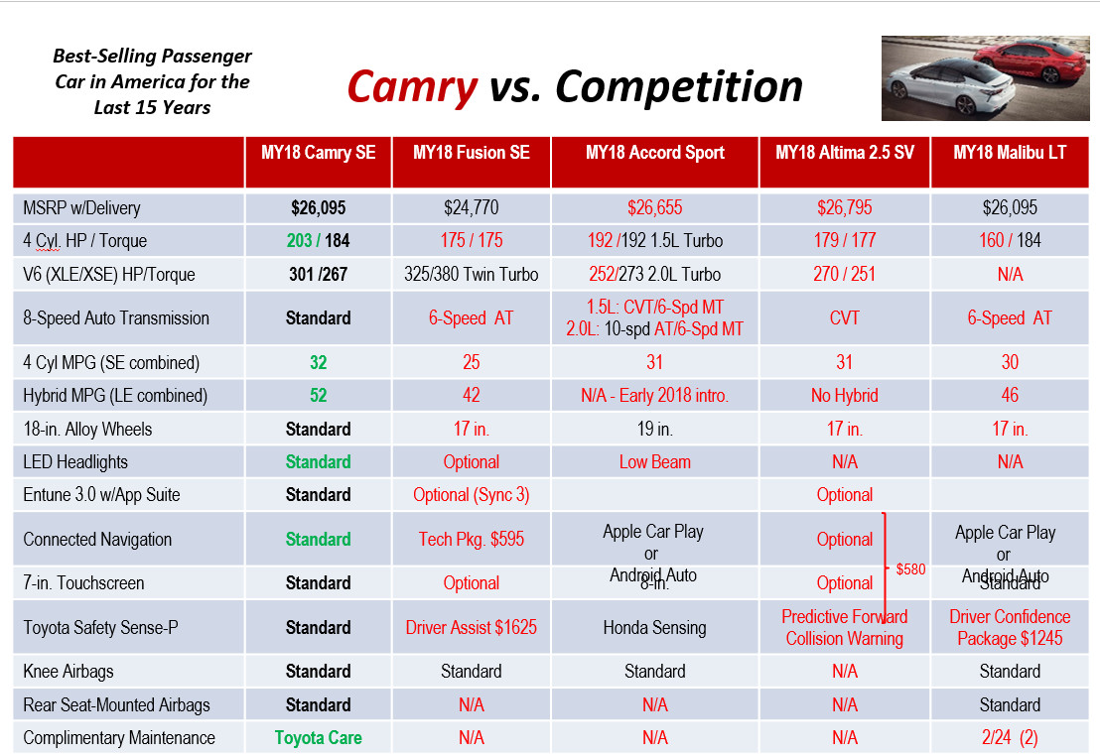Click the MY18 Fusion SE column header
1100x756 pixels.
click(x=472, y=153)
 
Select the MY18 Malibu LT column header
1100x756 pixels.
click(x=1010, y=153)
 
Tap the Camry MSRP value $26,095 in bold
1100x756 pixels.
click(x=319, y=208)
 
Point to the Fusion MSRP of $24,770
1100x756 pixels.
click(x=472, y=208)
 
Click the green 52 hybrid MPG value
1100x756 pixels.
click(x=319, y=396)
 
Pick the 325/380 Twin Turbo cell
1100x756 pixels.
click(x=472, y=274)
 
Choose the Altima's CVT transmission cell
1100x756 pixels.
click(x=845, y=318)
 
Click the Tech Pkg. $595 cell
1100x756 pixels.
click(x=472, y=540)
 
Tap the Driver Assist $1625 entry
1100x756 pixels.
click(x=472, y=627)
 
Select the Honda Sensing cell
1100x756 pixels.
click(x=655, y=627)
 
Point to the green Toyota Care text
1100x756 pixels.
click(x=319, y=738)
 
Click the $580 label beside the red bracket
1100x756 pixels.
click(x=910, y=570)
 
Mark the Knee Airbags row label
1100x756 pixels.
click(x=69, y=672)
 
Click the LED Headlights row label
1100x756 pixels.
click(x=75, y=462)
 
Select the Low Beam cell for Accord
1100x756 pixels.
click(x=655, y=462)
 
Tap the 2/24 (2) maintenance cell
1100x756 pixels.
click(x=1010, y=738)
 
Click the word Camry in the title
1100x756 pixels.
click(x=412, y=87)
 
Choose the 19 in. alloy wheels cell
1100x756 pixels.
click(x=655, y=430)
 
